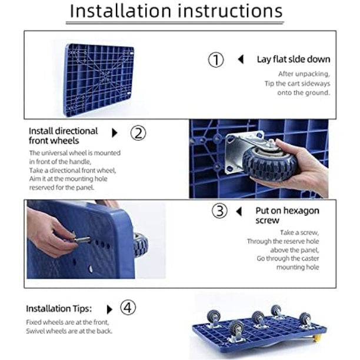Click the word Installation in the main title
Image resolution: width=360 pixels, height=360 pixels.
[x=121, y=11]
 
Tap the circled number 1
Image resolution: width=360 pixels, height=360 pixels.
[x=216, y=59]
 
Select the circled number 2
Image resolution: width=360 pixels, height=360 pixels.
[x=138, y=133]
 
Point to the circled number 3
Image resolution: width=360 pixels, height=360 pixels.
[x=220, y=211]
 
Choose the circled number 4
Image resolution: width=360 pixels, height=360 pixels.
[x=128, y=308]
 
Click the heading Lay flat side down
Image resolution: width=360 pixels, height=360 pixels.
[x=294, y=59]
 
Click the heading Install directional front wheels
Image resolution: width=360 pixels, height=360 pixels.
[x=64, y=136]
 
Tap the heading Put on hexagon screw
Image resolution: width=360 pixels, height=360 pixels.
[x=287, y=215]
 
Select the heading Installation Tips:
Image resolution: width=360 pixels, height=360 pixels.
[x=59, y=309]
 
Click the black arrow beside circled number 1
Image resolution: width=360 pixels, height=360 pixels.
[x=241, y=59]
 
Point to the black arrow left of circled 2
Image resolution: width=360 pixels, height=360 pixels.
[x=115, y=133]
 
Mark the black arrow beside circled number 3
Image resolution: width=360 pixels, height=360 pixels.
[x=239, y=211]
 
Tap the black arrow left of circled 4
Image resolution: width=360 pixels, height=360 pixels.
[x=110, y=309]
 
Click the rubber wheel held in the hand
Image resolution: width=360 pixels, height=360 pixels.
[x=269, y=164]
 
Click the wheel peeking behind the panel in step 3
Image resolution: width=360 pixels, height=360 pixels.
[x=141, y=245]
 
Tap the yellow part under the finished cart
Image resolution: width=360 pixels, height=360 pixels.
[x=317, y=338]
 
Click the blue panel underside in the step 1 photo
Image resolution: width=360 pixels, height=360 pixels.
[x=99, y=79]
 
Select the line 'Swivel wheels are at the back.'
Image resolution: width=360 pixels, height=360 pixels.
[x=69, y=331]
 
